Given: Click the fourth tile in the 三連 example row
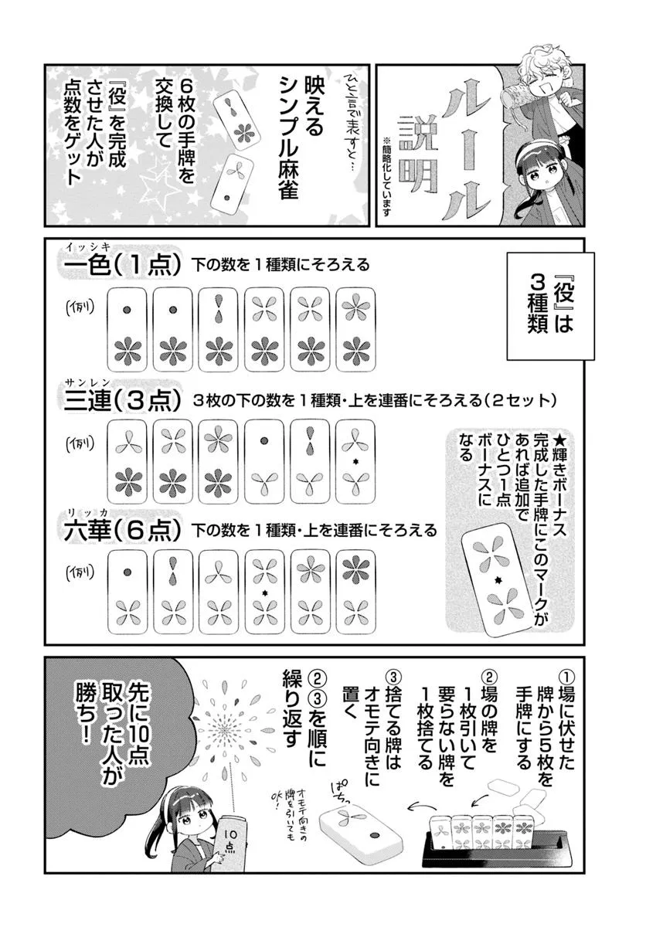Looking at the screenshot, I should (265, 461).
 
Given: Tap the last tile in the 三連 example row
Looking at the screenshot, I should (358, 461).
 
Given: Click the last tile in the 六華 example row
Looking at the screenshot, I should (358, 592).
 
